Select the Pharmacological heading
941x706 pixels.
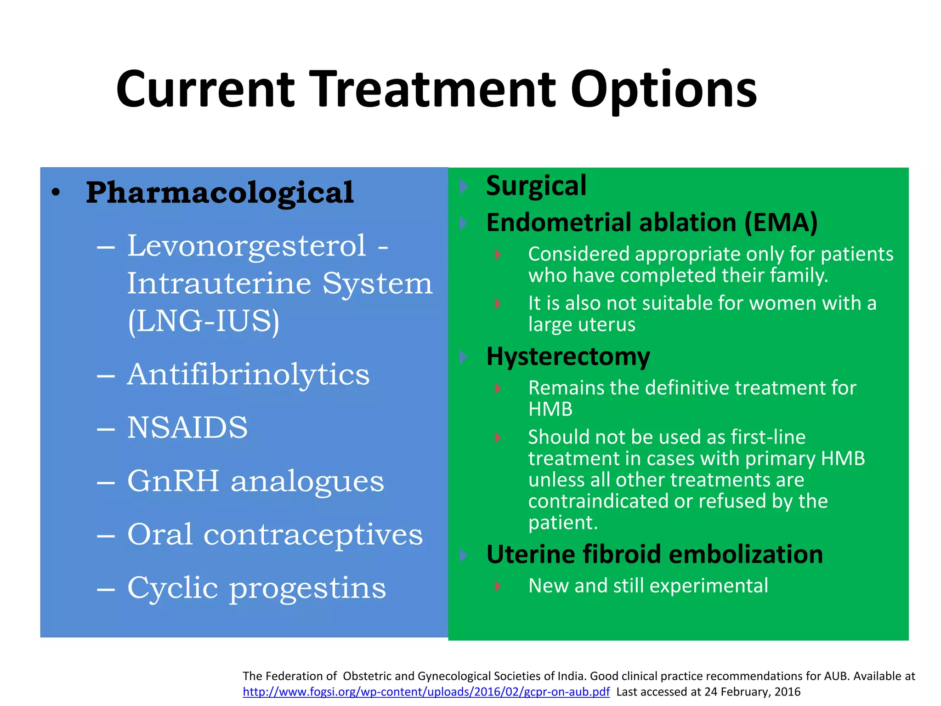point(220,193)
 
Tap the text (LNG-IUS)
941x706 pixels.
point(204,321)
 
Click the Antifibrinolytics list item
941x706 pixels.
point(248,374)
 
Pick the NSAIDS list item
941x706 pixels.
point(187,427)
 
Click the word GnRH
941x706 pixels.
point(173,481)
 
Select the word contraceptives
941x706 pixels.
point(313,535)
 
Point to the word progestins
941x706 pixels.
point(307,588)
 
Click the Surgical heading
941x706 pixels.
point(536,186)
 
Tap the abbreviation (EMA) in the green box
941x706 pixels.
point(781,222)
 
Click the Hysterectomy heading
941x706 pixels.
point(568,356)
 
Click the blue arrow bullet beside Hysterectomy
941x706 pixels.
point(463,357)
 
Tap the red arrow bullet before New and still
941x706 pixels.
point(498,586)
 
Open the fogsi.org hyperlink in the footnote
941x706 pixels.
point(426,692)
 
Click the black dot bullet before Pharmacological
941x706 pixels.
point(56,193)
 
